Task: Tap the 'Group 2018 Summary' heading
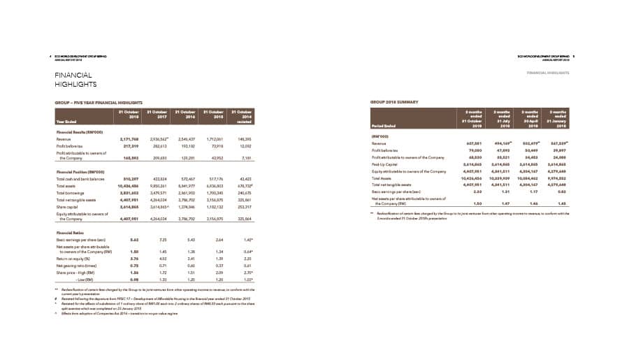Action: tap(394, 102)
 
